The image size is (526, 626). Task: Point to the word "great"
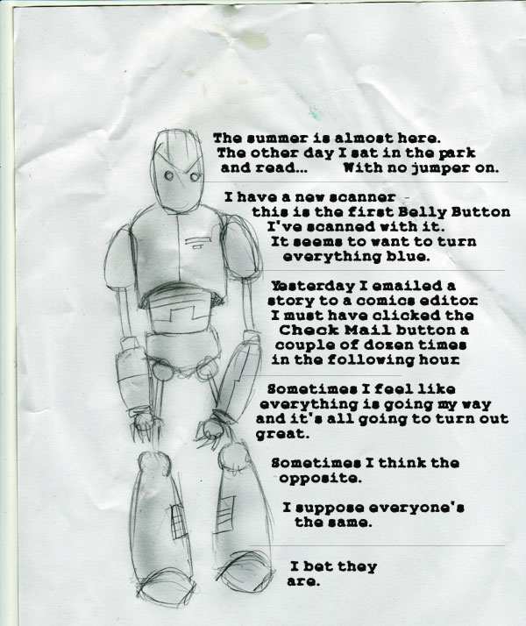tap(282, 434)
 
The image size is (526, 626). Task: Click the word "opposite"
tap(320, 479)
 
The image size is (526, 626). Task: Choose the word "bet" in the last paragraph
tap(319, 566)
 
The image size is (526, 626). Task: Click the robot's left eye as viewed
tap(169, 175)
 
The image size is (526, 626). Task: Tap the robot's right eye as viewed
tap(195, 176)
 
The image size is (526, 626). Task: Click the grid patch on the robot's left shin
tap(178, 521)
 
